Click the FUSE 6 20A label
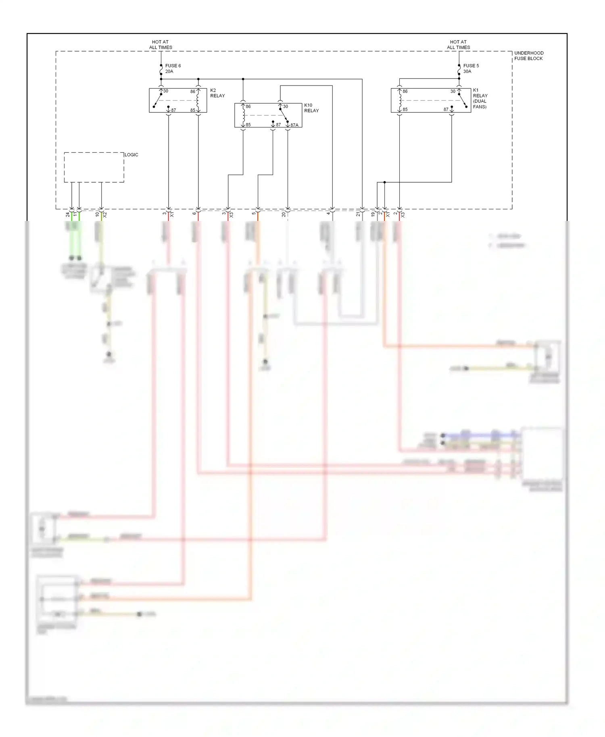click(173, 69)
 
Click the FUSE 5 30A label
click(471, 69)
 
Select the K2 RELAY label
click(217, 93)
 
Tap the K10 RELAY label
click(311, 108)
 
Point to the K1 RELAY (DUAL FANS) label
click(480, 98)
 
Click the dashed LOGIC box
click(94, 167)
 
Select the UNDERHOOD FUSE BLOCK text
click(528, 56)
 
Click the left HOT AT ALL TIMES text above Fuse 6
click(161, 45)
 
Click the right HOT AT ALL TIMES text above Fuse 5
click(458, 45)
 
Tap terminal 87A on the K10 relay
click(294, 125)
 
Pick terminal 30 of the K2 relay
click(165, 91)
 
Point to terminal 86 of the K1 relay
click(405, 92)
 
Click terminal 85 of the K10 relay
click(248, 125)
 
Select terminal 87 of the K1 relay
click(446, 110)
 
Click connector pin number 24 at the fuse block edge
click(67, 215)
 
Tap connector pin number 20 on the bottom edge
click(284, 214)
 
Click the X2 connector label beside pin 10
click(105, 215)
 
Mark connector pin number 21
click(358, 214)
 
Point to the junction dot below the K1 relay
click(384, 182)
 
